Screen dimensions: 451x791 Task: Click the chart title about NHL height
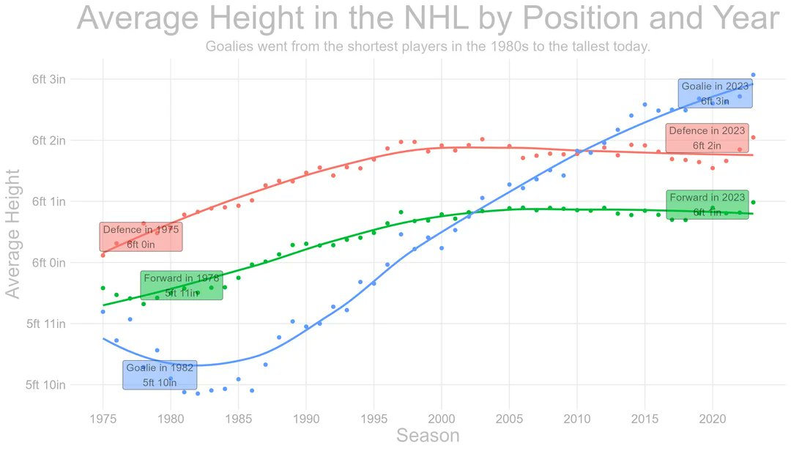point(428,19)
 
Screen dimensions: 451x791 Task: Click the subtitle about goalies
point(428,47)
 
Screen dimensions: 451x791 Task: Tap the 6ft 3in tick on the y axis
point(49,79)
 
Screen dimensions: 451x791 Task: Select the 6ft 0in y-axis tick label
point(49,262)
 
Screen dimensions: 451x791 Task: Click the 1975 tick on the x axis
point(103,419)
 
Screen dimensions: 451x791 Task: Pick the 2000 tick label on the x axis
point(441,419)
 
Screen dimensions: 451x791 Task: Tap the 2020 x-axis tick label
point(712,419)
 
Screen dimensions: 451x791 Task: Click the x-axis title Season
point(428,436)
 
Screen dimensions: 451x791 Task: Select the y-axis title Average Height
point(13,233)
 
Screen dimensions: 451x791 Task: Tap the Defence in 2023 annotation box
point(707,138)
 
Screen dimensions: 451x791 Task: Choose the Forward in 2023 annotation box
point(707,204)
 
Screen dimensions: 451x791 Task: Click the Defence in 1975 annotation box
point(141,236)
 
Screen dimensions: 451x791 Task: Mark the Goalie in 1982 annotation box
point(160,375)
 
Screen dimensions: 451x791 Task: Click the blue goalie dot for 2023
point(753,75)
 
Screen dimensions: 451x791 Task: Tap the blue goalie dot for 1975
point(103,312)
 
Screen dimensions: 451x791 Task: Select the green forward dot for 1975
point(103,288)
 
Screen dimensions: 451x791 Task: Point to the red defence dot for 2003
point(482,139)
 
